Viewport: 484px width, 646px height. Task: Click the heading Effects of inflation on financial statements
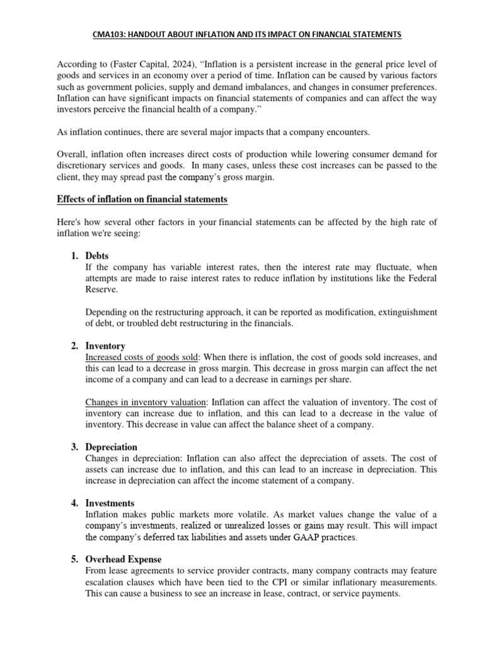pos(142,199)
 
